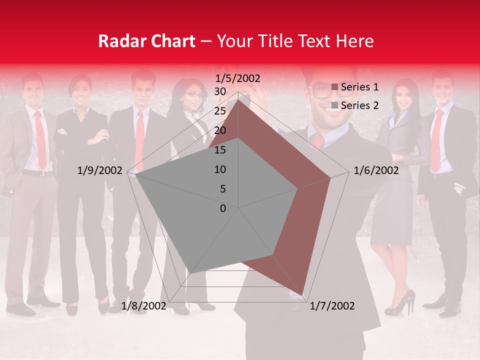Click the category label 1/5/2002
tap(238, 78)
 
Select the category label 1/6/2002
tap(376, 170)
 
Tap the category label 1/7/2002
tap(332, 306)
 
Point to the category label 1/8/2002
tap(144, 306)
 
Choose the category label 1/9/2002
tap(99, 170)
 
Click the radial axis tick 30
tap(220, 91)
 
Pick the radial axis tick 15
tap(220, 150)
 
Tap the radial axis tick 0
tap(223, 208)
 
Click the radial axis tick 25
tap(220, 111)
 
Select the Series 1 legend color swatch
tap(335, 87)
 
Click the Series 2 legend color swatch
tap(335, 105)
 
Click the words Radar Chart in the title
tap(146, 41)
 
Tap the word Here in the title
tap(355, 41)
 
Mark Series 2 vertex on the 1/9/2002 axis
tap(135, 174)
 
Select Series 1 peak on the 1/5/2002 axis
tap(238, 99)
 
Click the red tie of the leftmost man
tap(40, 140)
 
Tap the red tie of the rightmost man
tap(437, 140)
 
